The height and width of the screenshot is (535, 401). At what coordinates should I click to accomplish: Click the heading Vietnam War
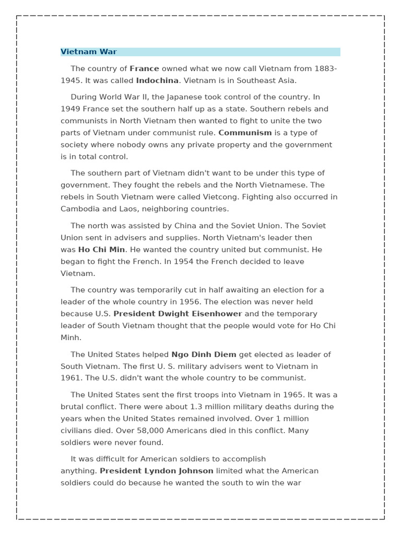[x=89, y=52]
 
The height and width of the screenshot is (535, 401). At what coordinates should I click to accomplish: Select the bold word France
[x=144, y=68]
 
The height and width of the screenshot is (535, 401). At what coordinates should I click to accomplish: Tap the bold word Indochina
[x=157, y=80]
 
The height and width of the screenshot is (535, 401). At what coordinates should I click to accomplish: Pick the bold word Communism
[x=245, y=133]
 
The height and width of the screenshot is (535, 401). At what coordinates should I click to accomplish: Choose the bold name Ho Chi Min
[x=101, y=250]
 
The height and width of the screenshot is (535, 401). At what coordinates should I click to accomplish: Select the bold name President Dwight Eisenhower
[x=178, y=313]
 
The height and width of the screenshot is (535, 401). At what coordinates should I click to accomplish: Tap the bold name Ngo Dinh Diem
[x=204, y=354]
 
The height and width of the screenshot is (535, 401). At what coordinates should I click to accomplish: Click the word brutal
[x=72, y=406]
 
